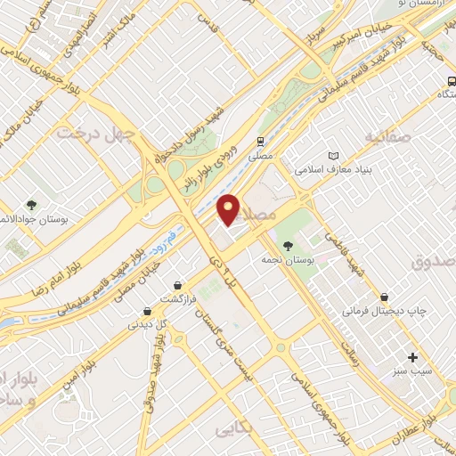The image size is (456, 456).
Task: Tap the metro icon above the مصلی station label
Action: tap(260, 141)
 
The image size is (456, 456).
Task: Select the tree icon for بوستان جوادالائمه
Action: tap(32, 206)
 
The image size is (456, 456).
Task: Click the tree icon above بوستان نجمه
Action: tap(287, 246)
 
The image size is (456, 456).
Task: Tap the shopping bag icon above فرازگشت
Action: tap(178, 284)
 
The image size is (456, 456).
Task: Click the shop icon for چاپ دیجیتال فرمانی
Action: tap(383, 297)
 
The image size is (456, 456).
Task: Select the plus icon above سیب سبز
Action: tap(411, 356)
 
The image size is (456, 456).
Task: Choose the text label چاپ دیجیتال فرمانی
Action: tap(379, 313)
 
